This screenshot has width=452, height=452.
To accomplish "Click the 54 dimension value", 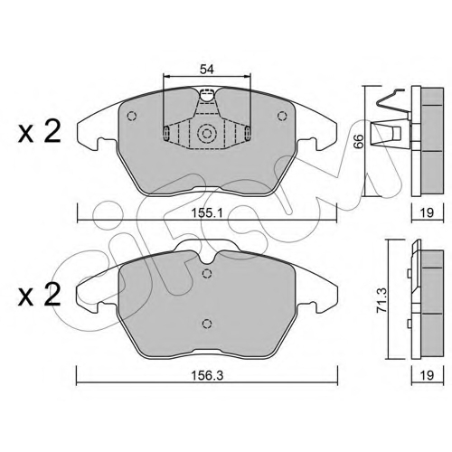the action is tap(207, 70).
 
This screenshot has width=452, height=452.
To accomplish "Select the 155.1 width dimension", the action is tap(207, 213).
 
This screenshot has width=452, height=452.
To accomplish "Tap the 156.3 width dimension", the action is tap(207, 375).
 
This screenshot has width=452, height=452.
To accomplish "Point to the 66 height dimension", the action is tap(358, 141).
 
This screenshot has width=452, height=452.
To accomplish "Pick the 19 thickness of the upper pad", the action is tap(427, 212).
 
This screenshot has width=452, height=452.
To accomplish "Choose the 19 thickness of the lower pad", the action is tap(427, 375).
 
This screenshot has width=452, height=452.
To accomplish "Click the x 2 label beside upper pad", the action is tap(40, 132).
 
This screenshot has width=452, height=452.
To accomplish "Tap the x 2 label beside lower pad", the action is tap(40, 296).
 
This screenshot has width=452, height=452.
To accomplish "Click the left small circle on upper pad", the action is tap(132, 116).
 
